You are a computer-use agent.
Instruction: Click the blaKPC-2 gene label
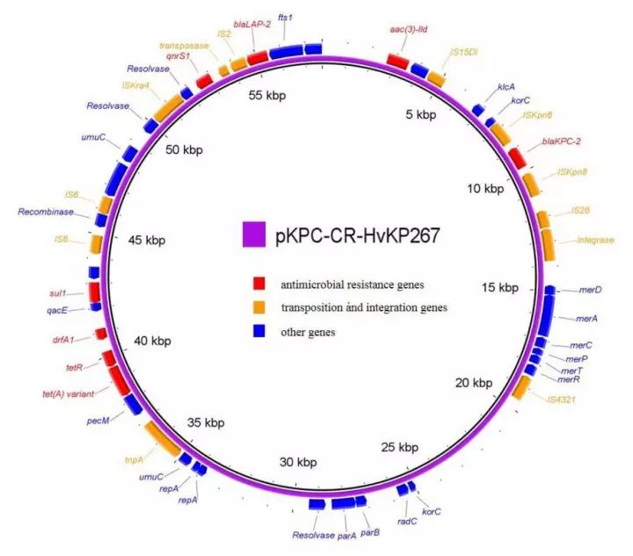(562, 141)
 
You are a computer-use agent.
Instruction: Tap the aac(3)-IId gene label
(408, 29)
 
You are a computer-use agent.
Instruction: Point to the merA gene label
(586, 317)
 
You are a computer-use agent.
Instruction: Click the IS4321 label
(562, 400)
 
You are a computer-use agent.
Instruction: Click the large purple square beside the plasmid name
(253, 234)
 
